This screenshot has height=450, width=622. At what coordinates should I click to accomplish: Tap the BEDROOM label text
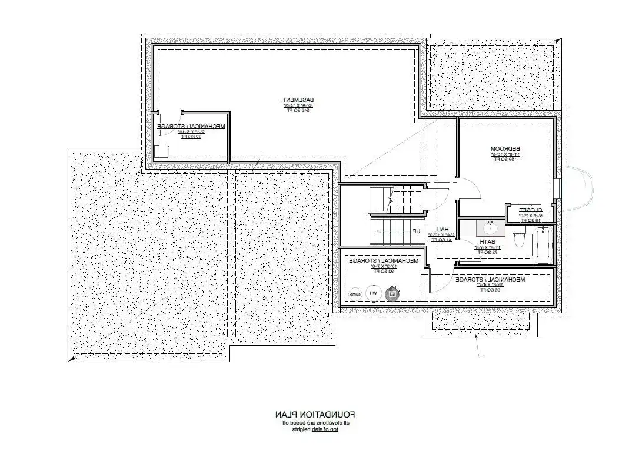pyautogui.click(x=504, y=148)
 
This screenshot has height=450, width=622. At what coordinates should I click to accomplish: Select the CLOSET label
pyautogui.click(x=530, y=210)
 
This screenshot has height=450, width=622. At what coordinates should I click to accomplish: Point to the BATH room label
pyautogui.click(x=488, y=241)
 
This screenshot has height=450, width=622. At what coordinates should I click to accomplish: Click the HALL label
pyautogui.click(x=443, y=229)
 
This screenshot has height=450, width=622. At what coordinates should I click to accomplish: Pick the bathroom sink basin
pyautogui.click(x=490, y=227)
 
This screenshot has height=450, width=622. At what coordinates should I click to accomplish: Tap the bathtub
pyautogui.click(x=542, y=246)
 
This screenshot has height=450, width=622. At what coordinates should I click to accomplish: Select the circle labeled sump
pyautogui.click(x=355, y=293)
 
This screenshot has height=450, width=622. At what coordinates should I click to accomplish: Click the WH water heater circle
pyautogui.click(x=373, y=292)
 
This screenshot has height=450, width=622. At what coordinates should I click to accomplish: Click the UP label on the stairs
pyautogui.click(x=416, y=231)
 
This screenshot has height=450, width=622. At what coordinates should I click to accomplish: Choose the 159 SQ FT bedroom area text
pyautogui.click(x=504, y=159)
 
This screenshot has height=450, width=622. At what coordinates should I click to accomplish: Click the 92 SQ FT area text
pyautogui.click(x=383, y=272)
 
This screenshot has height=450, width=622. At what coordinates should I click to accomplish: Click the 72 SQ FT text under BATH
pyautogui.click(x=487, y=252)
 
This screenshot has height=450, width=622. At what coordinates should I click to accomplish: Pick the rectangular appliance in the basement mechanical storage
pyautogui.click(x=161, y=151)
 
